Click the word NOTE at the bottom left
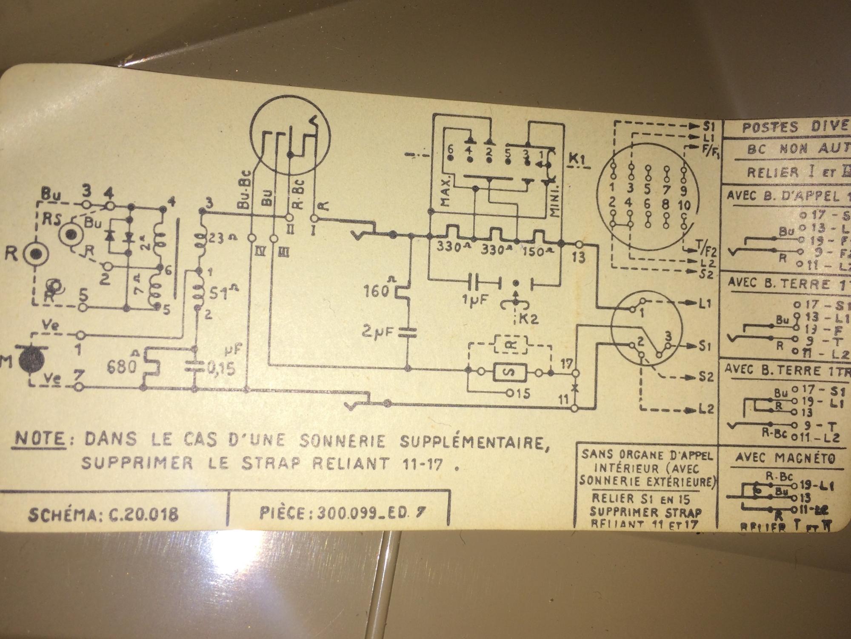[x=40, y=439]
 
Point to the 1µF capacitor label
[x=474, y=300]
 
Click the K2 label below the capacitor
[x=526, y=318]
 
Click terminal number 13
[x=579, y=257]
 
